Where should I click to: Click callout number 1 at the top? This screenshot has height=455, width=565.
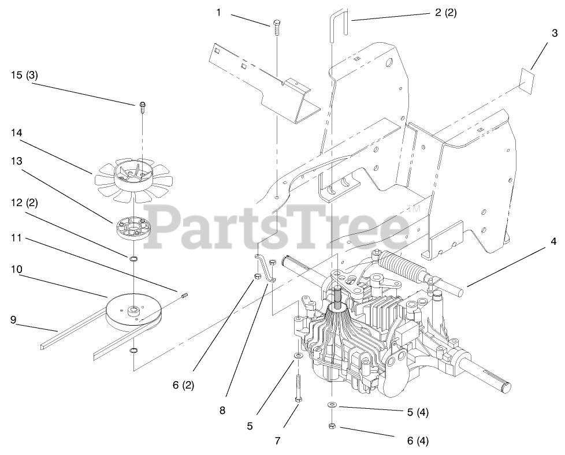(x=218, y=12)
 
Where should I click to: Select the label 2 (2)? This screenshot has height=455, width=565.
(x=445, y=12)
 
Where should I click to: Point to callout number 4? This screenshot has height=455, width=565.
(x=553, y=242)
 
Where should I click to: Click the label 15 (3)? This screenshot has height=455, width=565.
(x=24, y=74)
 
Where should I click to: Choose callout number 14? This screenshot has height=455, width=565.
(x=16, y=132)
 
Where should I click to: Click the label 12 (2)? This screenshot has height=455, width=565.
(x=24, y=203)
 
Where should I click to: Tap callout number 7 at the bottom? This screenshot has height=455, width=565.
(x=277, y=441)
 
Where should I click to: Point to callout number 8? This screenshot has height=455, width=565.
(x=222, y=411)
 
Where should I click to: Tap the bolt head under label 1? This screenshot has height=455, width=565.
(x=277, y=24)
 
